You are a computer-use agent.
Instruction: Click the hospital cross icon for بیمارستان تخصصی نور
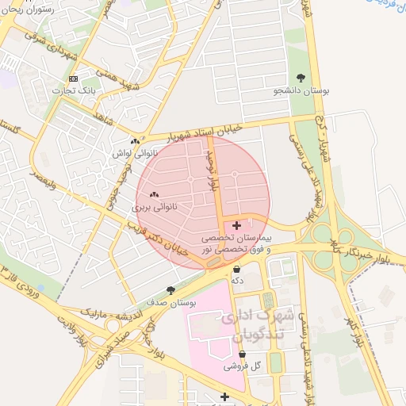pyautogui.click(x=237, y=226)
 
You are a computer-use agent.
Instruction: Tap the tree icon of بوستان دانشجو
pyautogui.click(x=301, y=78)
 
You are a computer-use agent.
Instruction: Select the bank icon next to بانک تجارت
pyautogui.click(x=74, y=79)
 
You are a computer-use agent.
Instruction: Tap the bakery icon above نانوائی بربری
pyautogui.click(x=154, y=194)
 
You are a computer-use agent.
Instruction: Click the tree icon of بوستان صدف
pyautogui.click(x=170, y=290)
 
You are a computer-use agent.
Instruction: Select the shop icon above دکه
pyautogui.click(x=236, y=268)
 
